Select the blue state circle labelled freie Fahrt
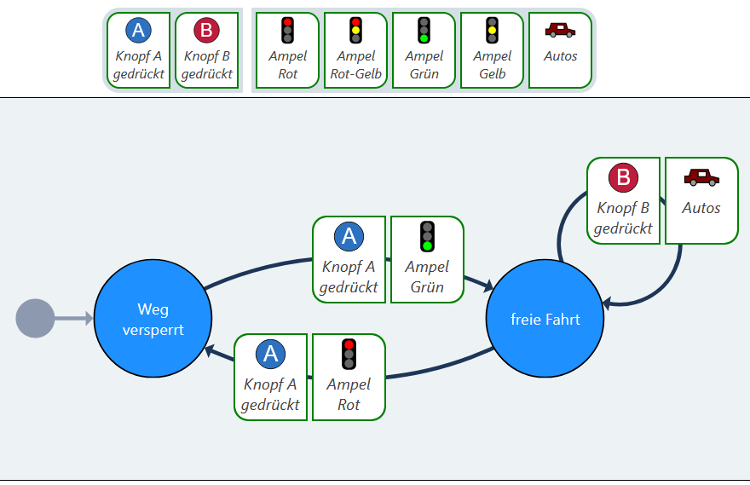pos(545,319)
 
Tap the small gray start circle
pos(35,319)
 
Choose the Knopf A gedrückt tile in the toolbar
pos(138,50)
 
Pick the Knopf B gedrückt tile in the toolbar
pos(206,50)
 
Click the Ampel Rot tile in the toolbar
pos(288,50)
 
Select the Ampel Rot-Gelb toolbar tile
pos(356,50)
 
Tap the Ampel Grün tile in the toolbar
pos(424,50)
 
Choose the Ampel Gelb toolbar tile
pos(493,50)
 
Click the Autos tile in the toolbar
pos(560,50)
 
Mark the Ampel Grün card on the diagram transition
pos(427,259)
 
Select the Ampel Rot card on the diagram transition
pos(349,377)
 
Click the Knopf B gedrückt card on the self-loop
pos(623,200)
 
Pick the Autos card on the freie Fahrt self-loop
pos(701,200)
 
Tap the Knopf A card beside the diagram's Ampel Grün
pos(349,259)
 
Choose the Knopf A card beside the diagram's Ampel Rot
pos(270,377)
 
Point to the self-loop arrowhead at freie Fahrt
pos(608,303)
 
